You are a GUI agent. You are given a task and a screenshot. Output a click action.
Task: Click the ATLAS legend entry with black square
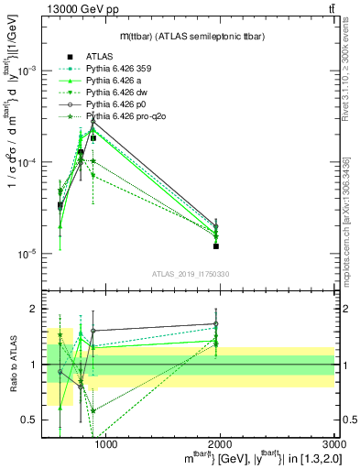point(100,57)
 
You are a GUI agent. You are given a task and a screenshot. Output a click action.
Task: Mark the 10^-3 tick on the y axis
point(30,71)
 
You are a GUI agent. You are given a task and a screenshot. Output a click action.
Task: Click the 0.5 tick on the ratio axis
point(33,420)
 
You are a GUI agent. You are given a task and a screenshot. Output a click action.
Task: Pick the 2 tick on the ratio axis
point(37,309)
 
